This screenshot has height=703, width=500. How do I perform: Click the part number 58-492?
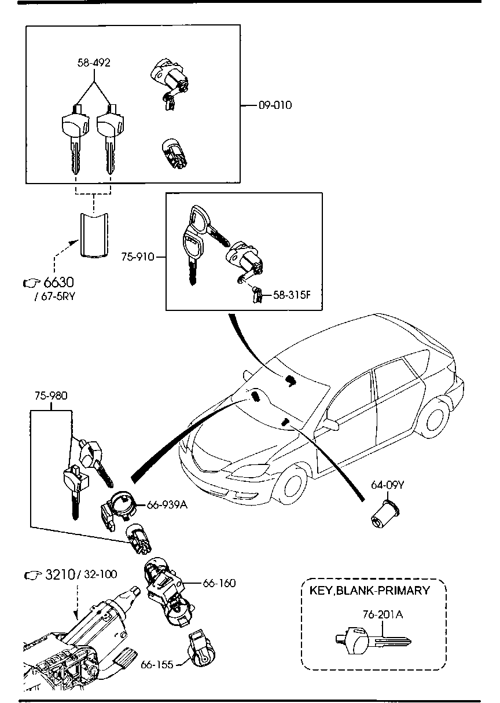[94, 63]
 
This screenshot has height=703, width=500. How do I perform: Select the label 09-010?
[275, 105]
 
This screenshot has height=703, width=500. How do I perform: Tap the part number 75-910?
[138, 257]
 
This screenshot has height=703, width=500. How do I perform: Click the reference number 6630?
[60, 283]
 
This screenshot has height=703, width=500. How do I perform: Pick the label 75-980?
[50, 396]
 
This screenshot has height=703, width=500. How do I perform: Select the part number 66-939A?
[167, 505]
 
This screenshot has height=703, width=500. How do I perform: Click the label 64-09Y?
[387, 485]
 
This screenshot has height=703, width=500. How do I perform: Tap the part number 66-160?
[219, 583]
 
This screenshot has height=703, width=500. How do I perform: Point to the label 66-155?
[157, 665]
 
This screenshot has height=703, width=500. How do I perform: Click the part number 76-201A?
[383, 614]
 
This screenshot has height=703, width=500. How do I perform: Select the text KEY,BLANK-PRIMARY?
[370, 591]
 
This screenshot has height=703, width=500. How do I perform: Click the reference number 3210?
[60, 575]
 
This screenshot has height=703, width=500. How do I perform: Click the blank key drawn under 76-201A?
[373, 641]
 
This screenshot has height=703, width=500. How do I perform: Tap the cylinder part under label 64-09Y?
[383, 515]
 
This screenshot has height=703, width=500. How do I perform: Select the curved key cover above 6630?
[94, 233]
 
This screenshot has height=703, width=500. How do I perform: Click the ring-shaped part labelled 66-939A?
[123, 503]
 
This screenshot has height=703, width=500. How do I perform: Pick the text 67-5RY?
[56, 297]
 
